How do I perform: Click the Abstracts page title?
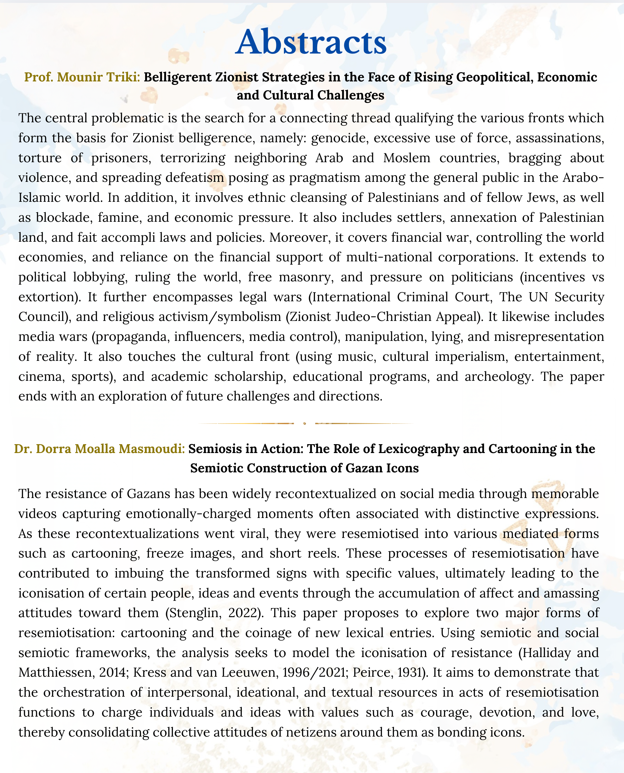(311, 42)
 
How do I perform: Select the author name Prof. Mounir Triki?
(82, 77)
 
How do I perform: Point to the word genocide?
(339, 138)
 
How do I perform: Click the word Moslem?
(407, 158)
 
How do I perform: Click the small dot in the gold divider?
(305, 424)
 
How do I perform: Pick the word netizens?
(304, 732)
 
